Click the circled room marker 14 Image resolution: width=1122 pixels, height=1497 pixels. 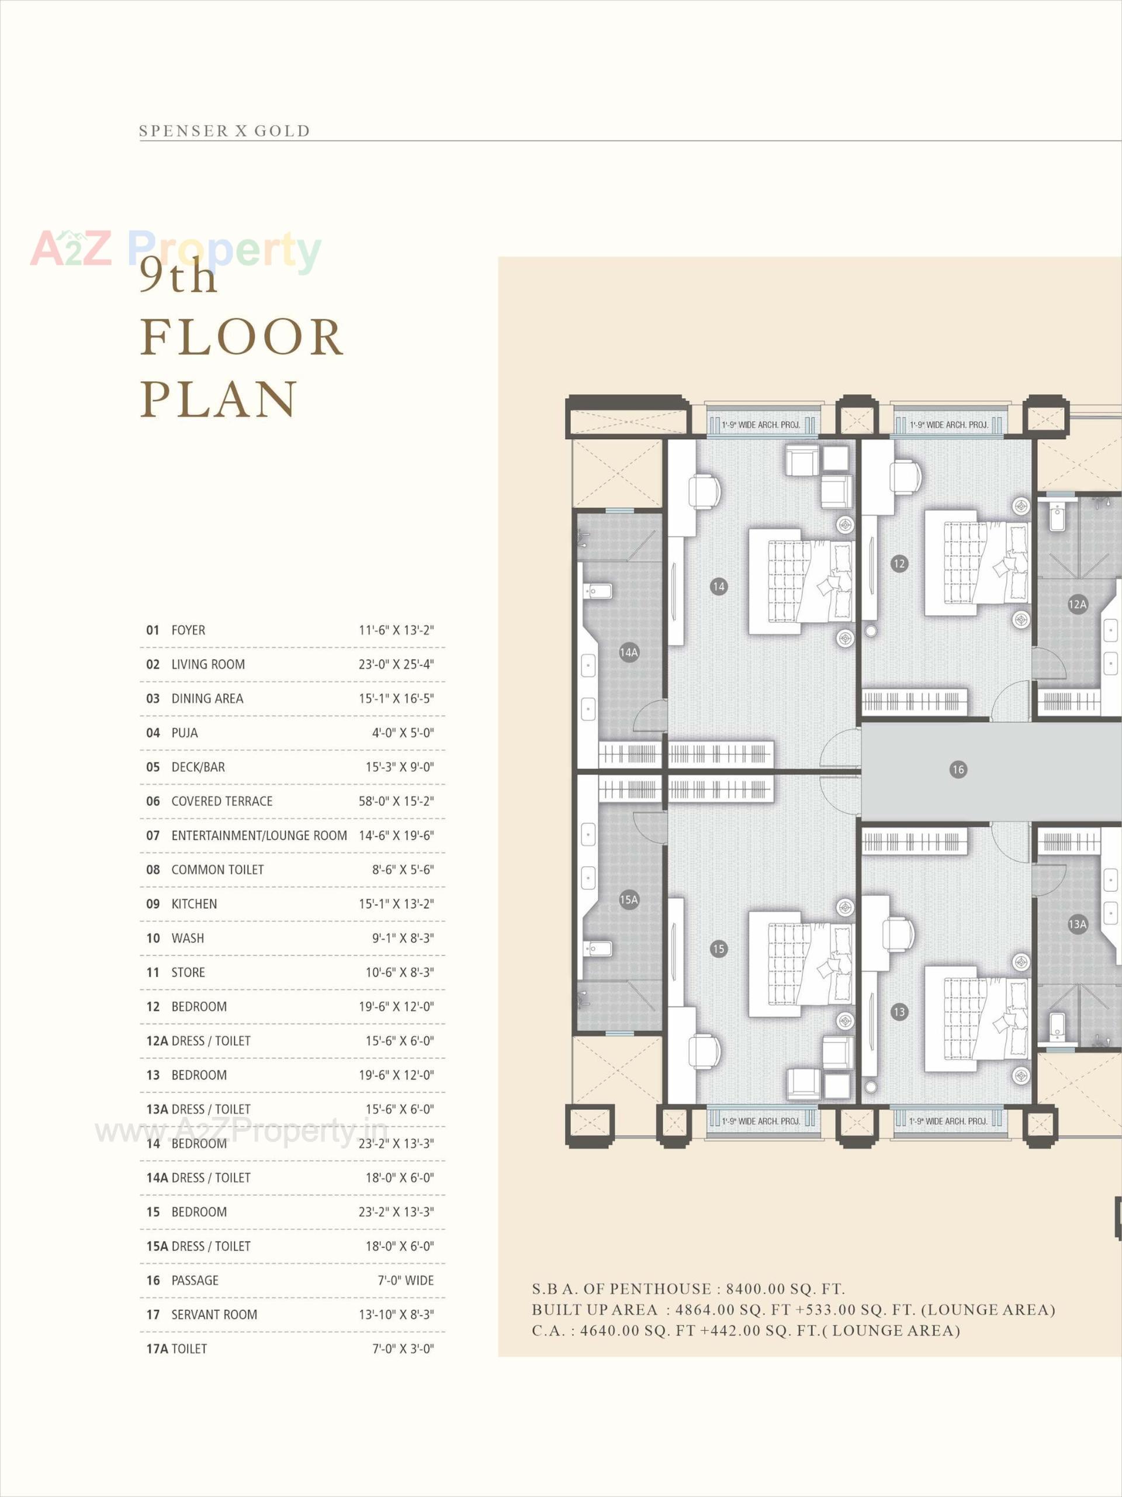718,587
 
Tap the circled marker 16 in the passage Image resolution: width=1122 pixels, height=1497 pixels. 958,770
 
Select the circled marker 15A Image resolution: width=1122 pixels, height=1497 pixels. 628,899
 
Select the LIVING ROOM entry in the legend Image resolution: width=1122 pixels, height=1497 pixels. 207,664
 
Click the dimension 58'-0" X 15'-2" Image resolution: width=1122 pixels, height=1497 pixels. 396,801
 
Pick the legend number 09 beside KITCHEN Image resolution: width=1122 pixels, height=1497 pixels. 153,904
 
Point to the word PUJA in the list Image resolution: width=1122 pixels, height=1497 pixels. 185,733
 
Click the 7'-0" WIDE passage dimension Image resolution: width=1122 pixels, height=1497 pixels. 405,1281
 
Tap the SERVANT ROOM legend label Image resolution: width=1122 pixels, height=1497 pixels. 214,1315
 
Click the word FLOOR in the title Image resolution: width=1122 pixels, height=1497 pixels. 242,338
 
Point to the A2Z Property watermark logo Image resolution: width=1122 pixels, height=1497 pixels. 176,249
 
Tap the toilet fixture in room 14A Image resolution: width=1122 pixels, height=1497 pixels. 599,591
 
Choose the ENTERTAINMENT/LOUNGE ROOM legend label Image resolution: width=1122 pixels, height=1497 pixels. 259,836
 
